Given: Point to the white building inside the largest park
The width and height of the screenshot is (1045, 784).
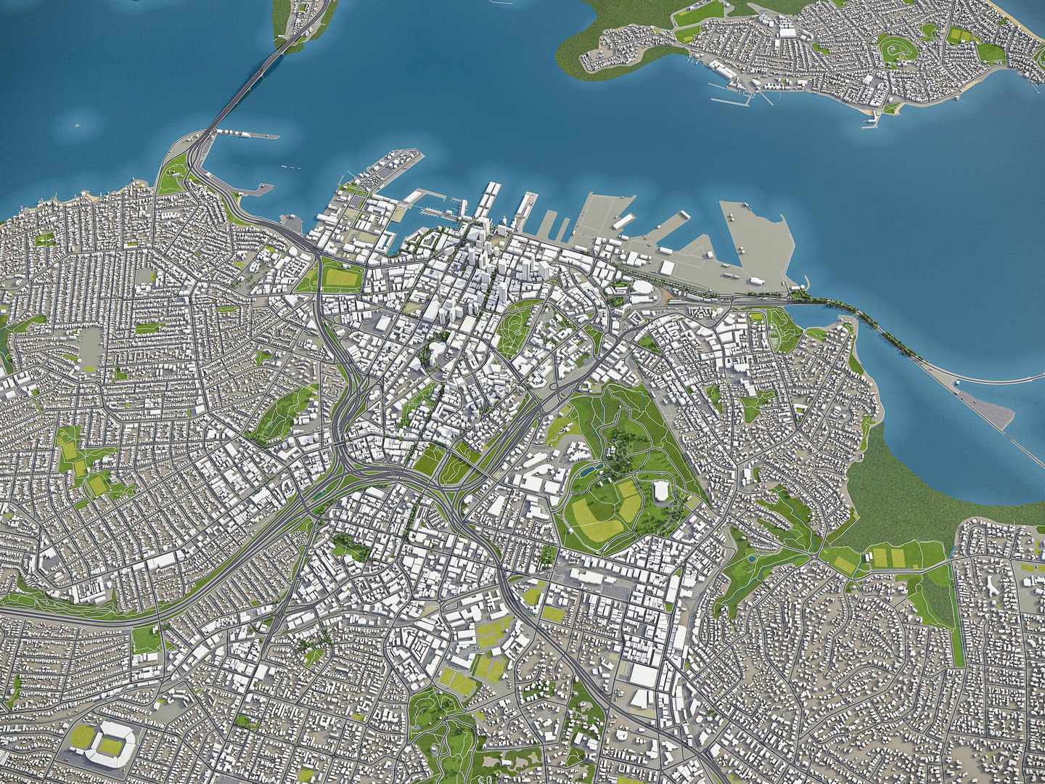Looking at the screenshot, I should pos(661,491).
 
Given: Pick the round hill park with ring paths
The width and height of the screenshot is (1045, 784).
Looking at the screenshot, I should pos(893,50).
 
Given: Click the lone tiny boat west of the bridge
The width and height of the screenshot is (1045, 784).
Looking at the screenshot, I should pos(75,125).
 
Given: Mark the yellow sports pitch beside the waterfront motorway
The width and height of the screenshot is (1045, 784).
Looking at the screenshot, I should pos(341,277).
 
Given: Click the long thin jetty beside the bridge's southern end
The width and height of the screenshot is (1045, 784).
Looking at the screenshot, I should pos(247,134).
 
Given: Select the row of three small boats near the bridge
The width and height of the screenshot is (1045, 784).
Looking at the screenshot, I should pos(290,167).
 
